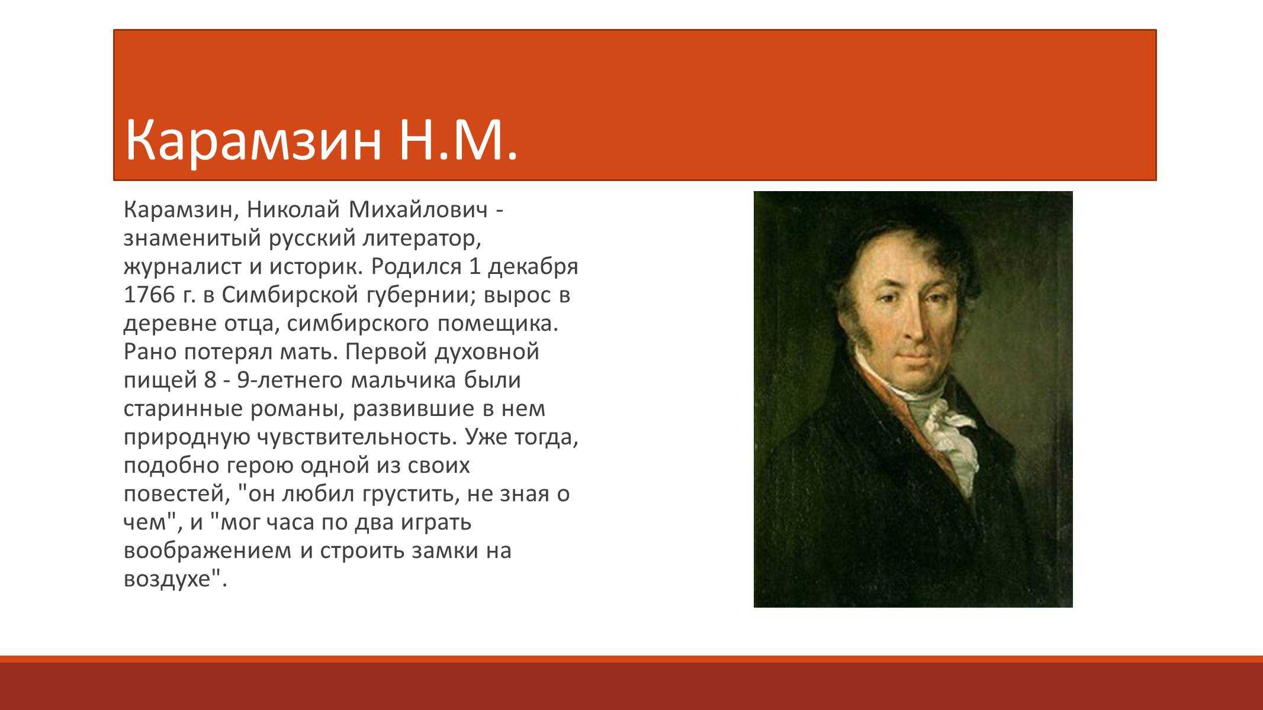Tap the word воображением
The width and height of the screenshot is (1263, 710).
pos(208,551)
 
